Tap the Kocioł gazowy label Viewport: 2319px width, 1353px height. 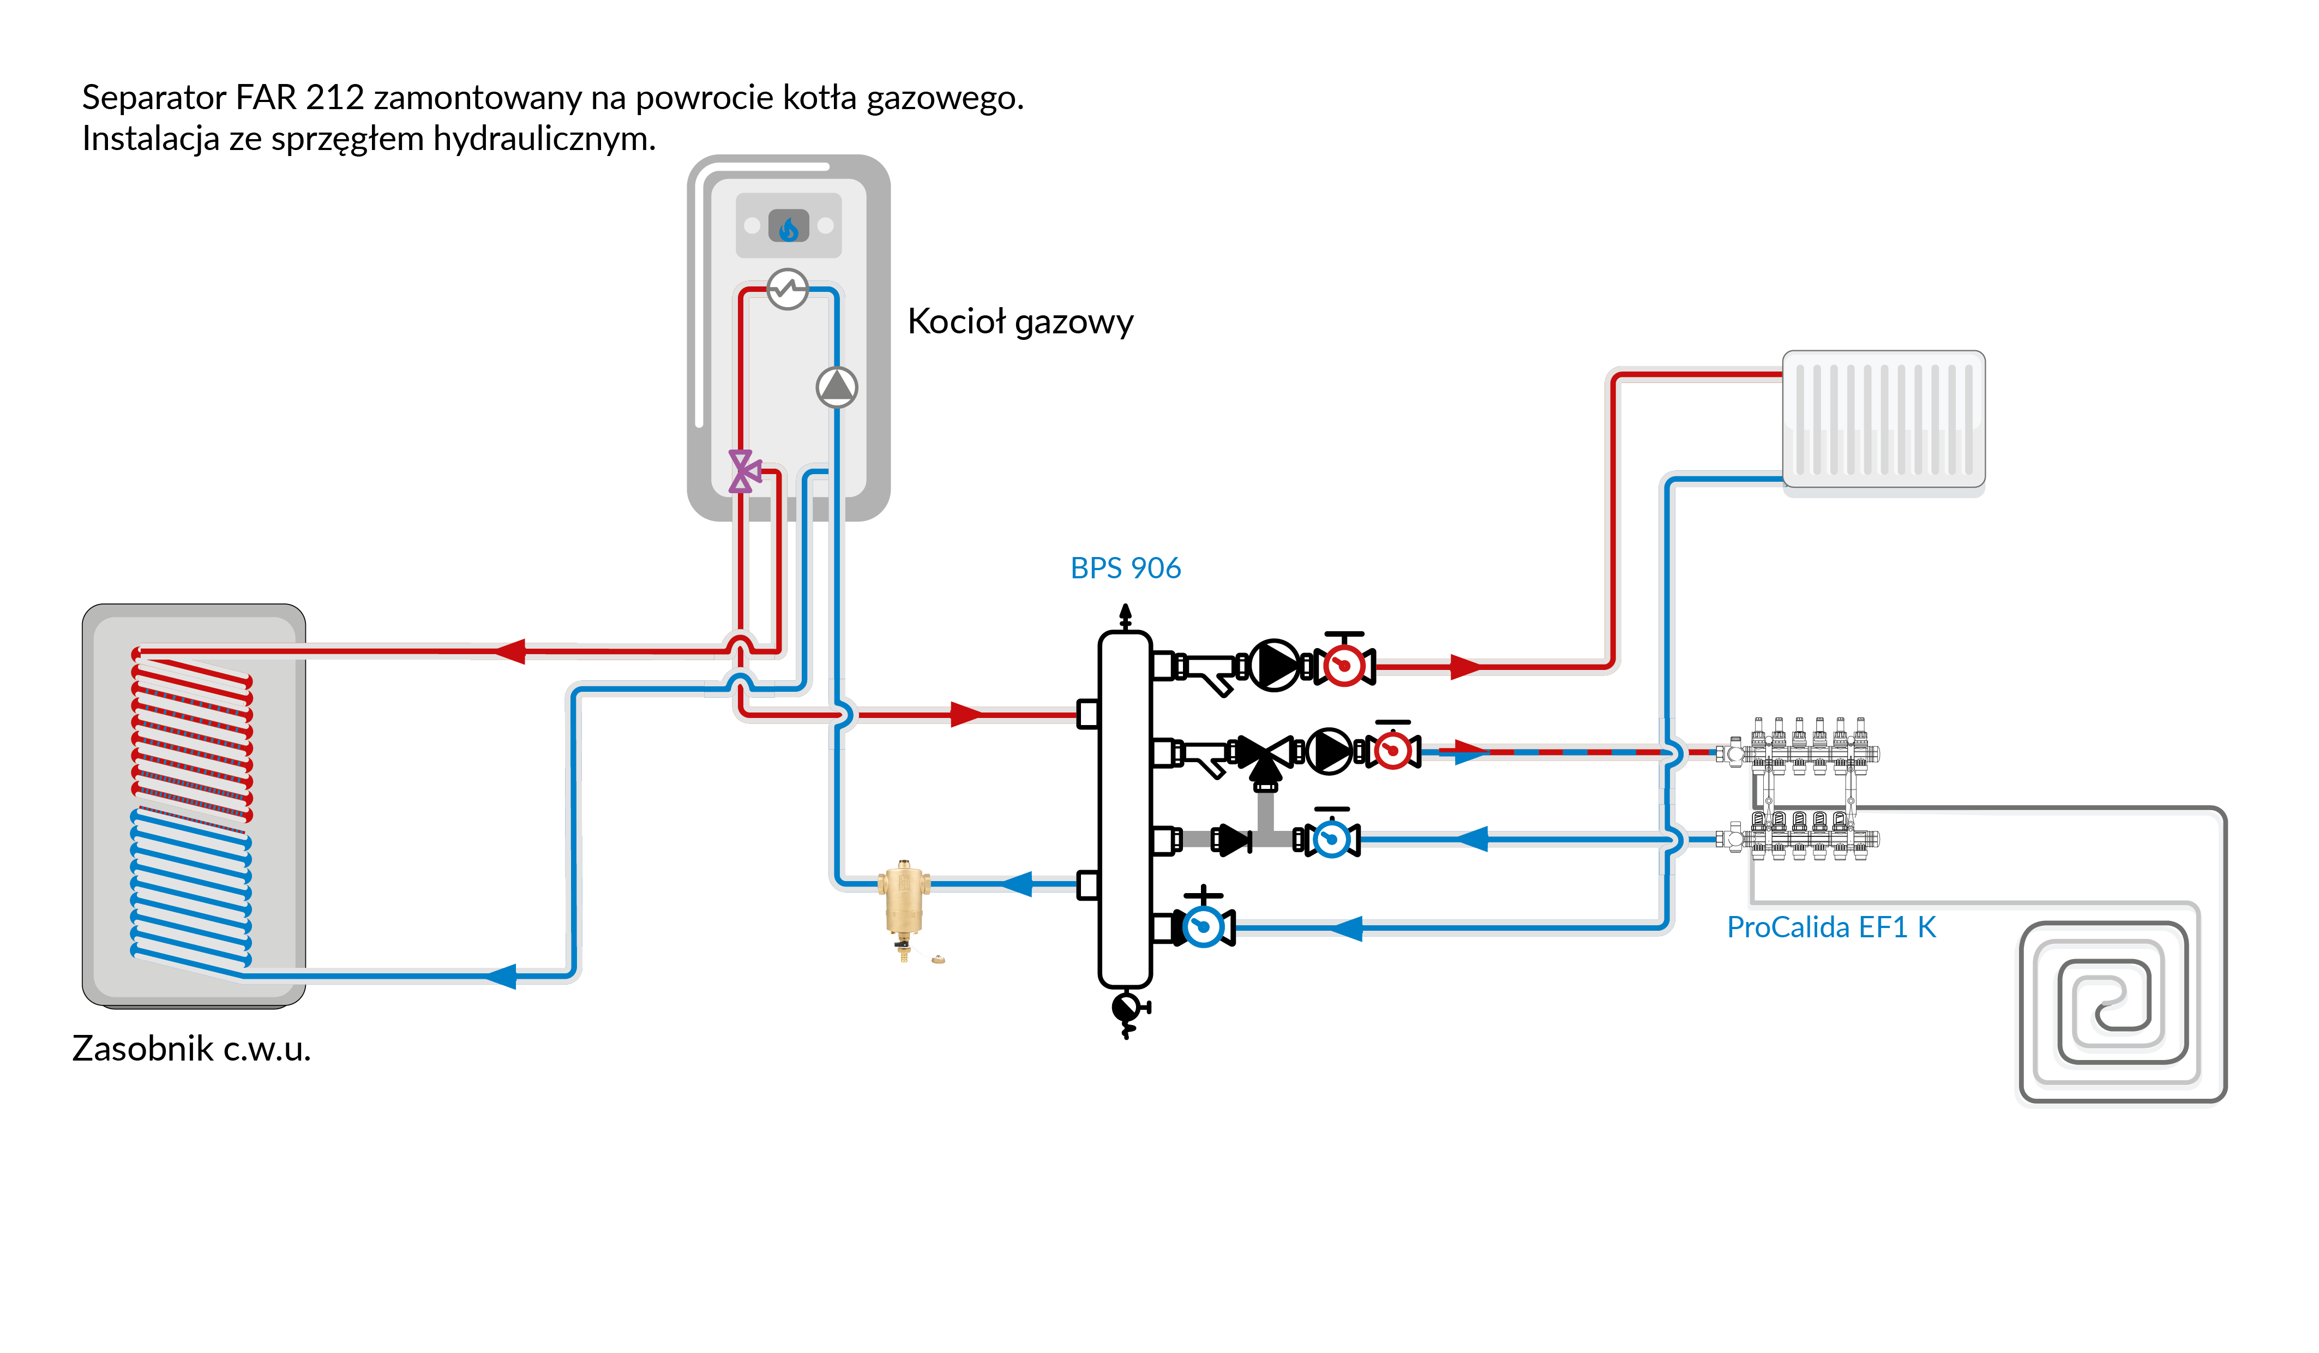1020,321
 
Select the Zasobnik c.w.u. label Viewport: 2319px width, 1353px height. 191,1049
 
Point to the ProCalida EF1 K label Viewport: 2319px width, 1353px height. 1830,927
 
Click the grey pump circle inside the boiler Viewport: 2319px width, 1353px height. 837,387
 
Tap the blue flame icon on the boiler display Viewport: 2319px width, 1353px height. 789,226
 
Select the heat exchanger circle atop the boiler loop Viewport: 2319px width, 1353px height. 788,289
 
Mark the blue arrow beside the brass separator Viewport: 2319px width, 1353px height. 1017,884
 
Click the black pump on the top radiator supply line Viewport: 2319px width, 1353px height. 1273,664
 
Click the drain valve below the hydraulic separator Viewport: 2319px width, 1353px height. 1126,1010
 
